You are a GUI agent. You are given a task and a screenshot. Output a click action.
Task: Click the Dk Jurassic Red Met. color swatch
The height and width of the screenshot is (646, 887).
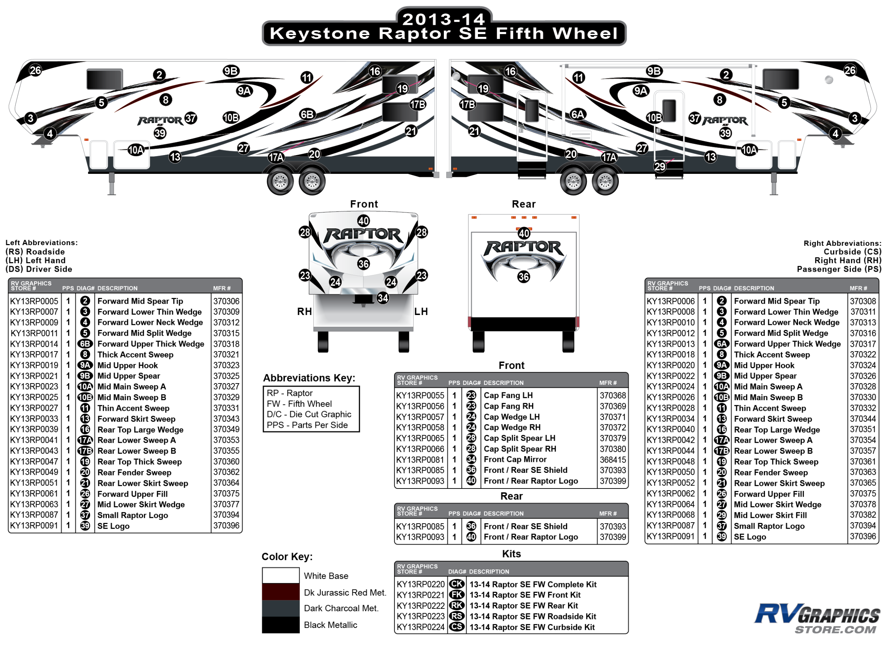pos(280,592)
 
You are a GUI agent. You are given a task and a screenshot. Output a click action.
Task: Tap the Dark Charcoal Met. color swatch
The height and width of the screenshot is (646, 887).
pos(280,608)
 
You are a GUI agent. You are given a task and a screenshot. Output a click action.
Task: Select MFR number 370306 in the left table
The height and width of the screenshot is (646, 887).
pos(226,301)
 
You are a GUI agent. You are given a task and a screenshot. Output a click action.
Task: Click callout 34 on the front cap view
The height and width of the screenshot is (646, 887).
pos(383,298)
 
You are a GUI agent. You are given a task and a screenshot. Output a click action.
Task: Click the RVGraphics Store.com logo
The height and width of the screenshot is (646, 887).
pos(817,618)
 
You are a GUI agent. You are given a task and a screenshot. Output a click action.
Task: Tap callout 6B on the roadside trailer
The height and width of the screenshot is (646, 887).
pos(307,114)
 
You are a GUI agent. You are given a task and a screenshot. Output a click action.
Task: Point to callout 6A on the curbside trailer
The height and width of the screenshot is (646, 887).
pos(577,114)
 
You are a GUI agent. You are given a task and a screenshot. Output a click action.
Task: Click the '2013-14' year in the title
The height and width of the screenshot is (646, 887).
pos(443,19)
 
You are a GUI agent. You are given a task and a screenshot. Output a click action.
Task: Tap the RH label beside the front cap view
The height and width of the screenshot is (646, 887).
pos(304,312)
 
